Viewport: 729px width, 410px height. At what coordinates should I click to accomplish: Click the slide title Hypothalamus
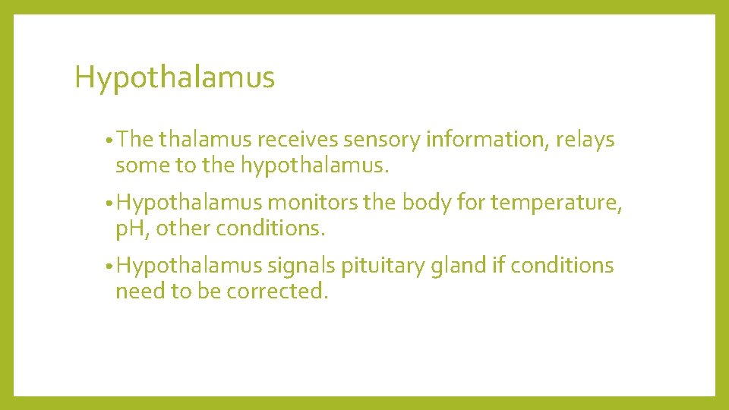[175, 77]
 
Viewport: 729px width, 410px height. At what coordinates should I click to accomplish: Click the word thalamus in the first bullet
[205, 140]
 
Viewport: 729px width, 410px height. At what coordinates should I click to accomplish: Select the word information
[488, 140]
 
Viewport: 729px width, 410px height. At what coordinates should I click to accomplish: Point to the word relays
[585, 140]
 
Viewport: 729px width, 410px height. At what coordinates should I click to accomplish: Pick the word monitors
[313, 203]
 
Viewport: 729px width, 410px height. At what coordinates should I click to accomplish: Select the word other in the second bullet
[185, 229]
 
